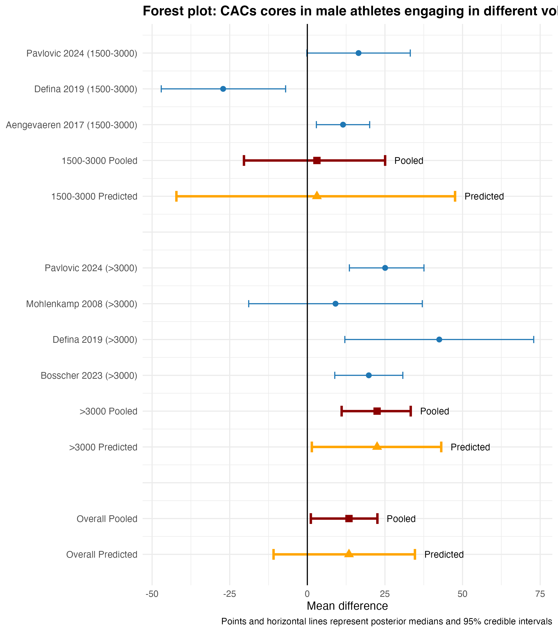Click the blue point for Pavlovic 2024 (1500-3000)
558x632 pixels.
[358, 53]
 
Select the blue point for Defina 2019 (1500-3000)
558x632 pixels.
[223, 89]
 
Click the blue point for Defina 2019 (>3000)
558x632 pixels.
[439, 340]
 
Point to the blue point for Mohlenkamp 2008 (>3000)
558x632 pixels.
[335, 304]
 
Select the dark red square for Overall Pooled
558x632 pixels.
[349, 518]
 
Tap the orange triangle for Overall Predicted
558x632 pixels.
[349, 554]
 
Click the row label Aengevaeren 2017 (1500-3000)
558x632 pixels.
[71, 125]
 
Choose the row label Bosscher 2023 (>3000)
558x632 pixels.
[89, 376]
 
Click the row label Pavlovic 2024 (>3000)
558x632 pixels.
[91, 268]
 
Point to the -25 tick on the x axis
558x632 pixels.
[229, 594]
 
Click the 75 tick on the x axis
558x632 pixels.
[540, 594]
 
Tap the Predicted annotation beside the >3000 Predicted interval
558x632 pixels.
[470, 447]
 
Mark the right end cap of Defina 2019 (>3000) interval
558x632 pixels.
[533, 340]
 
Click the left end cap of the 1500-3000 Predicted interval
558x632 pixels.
[176, 196]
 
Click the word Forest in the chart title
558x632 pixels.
[163, 11]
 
